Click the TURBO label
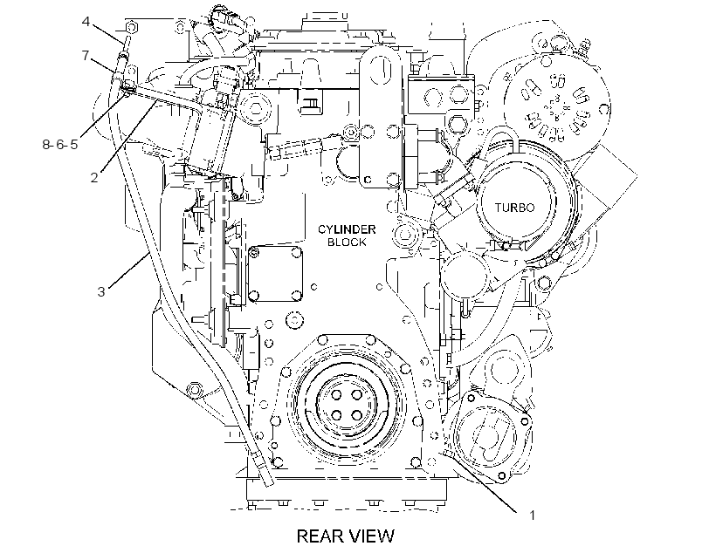click(x=514, y=208)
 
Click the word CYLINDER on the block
click(x=347, y=229)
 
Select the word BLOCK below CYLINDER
click(x=347, y=242)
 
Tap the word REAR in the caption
click(x=319, y=536)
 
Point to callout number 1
click(x=532, y=515)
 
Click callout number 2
click(x=94, y=177)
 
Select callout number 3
click(x=101, y=291)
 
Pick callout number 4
click(x=86, y=22)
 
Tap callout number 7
click(x=86, y=56)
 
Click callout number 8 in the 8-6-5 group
click(x=46, y=145)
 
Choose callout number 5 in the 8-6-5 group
click(x=74, y=145)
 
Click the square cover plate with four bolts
click(x=275, y=274)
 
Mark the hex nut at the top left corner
click(x=132, y=27)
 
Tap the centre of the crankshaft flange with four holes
click(x=347, y=404)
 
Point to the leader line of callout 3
click(x=128, y=271)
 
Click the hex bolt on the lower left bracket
click(x=195, y=389)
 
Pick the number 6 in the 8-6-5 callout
click(x=60, y=145)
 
